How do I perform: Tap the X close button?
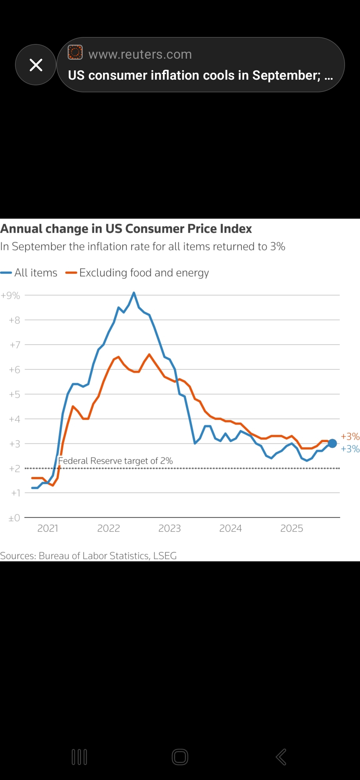click(36, 65)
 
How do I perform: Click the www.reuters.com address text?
click(140, 54)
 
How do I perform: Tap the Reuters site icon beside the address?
click(75, 52)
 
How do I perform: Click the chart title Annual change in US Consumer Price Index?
click(126, 229)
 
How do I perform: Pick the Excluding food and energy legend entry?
click(137, 273)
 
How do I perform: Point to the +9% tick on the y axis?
click(11, 295)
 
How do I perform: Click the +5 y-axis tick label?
click(15, 394)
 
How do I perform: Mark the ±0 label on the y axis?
click(14, 518)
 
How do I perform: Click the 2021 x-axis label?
click(48, 528)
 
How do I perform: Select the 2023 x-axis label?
click(169, 528)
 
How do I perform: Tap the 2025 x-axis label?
click(291, 528)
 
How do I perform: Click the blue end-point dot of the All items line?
click(332, 443)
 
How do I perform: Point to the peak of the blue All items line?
click(134, 293)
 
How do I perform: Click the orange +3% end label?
click(350, 436)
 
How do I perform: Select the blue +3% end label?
click(350, 449)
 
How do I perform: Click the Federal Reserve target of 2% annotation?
click(115, 461)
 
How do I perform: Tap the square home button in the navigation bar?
click(180, 757)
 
